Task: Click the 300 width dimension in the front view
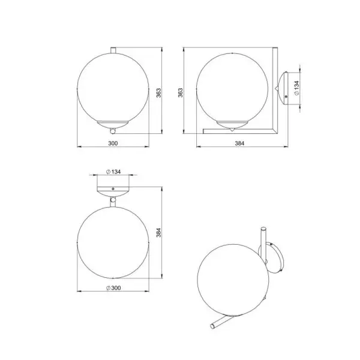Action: click(x=113, y=143)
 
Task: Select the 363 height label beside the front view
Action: click(x=158, y=93)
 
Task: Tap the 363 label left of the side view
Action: click(x=181, y=92)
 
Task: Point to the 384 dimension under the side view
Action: click(x=239, y=143)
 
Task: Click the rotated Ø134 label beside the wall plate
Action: click(x=296, y=88)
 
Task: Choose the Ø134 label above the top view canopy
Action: click(x=113, y=172)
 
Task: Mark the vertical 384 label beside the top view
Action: click(x=158, y=233)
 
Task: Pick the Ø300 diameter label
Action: click(x=113, y=288)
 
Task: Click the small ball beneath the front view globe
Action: click(x=113, y=131)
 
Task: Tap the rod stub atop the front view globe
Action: click(x=113, y=50)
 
